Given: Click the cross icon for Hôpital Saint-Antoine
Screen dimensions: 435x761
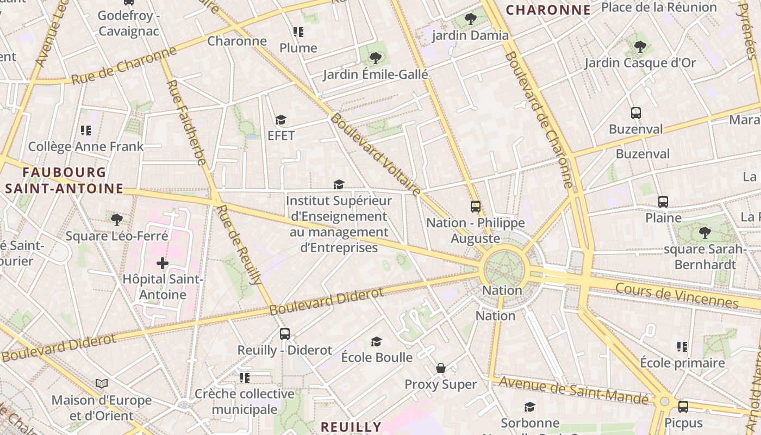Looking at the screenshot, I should click(162, 264).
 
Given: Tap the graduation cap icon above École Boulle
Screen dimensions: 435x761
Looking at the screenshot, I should click(376, 341).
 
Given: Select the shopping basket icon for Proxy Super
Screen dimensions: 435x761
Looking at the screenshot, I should click(441, 368).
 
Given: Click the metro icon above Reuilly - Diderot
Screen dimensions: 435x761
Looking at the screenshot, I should click(284, 334).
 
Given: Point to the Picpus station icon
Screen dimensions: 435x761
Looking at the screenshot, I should click(683, 406).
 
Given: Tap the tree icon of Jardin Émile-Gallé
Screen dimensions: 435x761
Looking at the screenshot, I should click(375, 58).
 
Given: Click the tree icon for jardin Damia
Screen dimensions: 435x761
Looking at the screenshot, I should click(471, 19).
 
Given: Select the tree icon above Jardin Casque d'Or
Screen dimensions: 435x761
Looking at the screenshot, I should click(640, 46).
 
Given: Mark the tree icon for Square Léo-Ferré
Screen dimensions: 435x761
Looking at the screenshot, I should click(116, 220).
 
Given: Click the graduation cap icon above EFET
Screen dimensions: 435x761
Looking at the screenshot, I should click(280, 120).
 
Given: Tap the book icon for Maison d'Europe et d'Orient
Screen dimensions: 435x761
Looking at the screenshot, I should click(102, 384).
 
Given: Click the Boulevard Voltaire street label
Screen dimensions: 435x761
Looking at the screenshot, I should click(376, 154).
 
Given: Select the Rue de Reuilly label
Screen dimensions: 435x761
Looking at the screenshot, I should click(239, 244).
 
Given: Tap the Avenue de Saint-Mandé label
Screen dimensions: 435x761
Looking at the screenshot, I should click(573, 390).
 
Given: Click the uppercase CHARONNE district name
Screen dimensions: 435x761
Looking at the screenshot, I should click(548, 10).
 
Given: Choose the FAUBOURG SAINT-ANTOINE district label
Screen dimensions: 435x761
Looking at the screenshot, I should click(64, 181).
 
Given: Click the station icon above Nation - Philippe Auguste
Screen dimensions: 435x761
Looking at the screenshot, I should click(476, 207).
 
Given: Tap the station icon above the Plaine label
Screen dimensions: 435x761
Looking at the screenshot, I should click(663, 202).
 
